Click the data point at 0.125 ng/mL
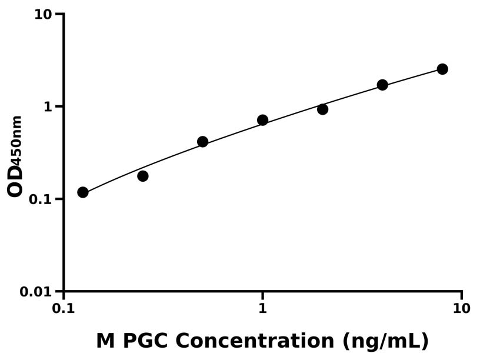[x=83, y=192]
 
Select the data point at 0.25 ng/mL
[x=143, y=176]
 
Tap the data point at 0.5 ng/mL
[x=203, y=142]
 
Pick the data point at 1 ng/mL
[x=263, y=120]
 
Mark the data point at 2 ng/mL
[x=322, y=109]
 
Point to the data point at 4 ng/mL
[x=382, y=85]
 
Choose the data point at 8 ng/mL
[x=442, y=69]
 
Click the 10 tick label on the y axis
[x=42, y=14]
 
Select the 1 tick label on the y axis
[x=48, y=106]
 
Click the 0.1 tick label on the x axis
[x=64, y=308]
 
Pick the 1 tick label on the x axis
[x=263, y=308]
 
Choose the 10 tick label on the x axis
[x=462, y=308]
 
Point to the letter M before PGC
[x=105, y=341]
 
